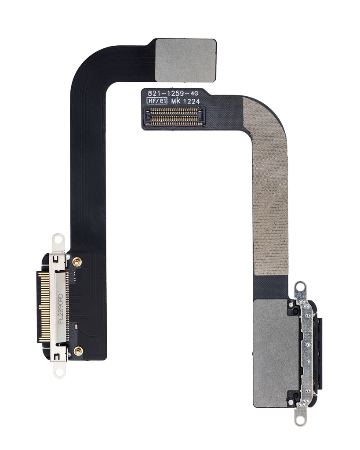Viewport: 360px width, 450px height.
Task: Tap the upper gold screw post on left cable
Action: point(77,262)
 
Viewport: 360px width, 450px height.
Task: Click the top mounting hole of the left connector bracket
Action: point(58,240)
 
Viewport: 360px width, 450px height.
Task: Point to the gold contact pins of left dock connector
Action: point(44,306)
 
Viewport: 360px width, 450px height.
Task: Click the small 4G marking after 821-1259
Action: point(194,94)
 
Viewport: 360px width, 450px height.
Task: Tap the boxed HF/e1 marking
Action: point(156,101)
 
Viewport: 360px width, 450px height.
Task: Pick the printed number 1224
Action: point(192,101)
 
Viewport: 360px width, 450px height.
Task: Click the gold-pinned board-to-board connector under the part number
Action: point(174,116)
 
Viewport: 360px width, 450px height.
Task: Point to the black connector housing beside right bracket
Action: point(318,354)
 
